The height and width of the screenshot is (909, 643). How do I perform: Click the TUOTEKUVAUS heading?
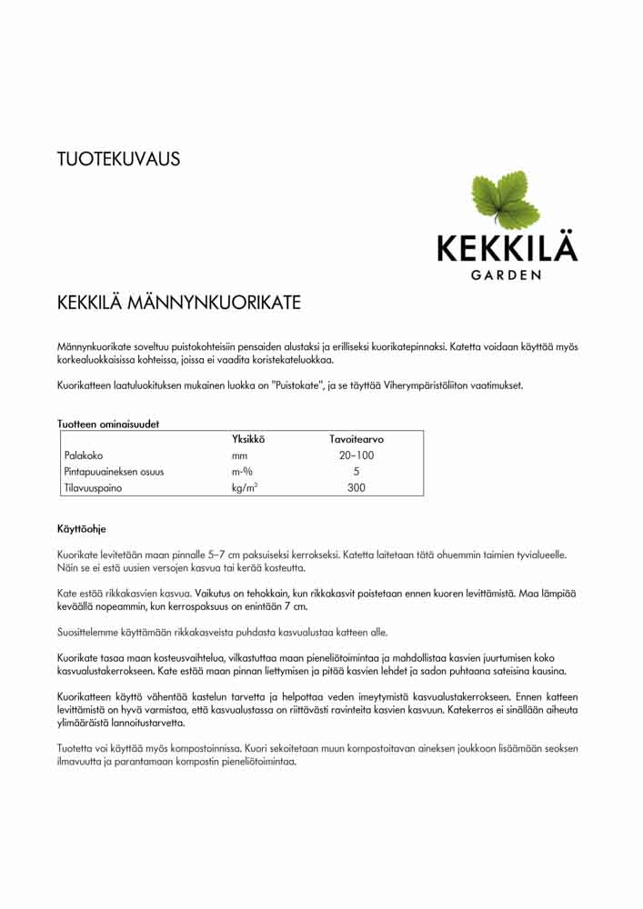[118, 159]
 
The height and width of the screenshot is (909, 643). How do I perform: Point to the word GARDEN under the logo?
[507, 274]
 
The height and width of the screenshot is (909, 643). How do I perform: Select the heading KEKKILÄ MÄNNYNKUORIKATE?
[178, 302]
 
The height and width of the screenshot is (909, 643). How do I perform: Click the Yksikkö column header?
[248, 439]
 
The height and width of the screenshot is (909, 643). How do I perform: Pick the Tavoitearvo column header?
[357, 439]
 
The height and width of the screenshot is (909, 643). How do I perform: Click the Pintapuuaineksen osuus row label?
[114, 472]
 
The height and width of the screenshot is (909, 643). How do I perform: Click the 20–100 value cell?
[357, 455]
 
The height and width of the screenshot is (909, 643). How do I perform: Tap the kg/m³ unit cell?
[245, 488]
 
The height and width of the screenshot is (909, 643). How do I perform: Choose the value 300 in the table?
[357, 488]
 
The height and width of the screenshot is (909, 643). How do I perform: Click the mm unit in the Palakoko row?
[240, 455]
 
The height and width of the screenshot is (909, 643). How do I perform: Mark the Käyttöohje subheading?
[82, 527]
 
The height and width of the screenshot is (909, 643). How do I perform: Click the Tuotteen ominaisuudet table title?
[108, 424]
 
